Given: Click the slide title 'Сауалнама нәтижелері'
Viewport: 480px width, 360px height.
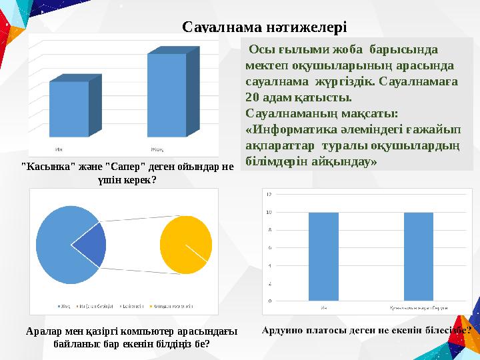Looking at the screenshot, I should coord(265,27).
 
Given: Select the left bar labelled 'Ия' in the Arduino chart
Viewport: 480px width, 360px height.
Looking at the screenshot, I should coord(324,256).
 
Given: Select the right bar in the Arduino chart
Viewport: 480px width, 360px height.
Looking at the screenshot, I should coord(419,256).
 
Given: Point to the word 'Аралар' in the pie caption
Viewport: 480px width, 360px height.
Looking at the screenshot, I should coord(42,331).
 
